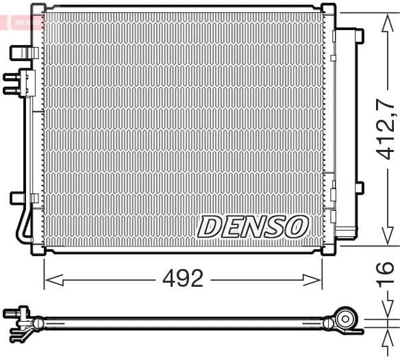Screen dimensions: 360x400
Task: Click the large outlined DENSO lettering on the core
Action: tap(253, 226)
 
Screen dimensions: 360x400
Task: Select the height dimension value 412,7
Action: tap(385, 129)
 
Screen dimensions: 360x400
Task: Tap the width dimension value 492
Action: tap(183, 279)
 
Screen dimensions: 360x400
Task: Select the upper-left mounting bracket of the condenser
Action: tap(22, 51)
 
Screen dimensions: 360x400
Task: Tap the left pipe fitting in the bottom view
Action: tap(19, 316)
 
